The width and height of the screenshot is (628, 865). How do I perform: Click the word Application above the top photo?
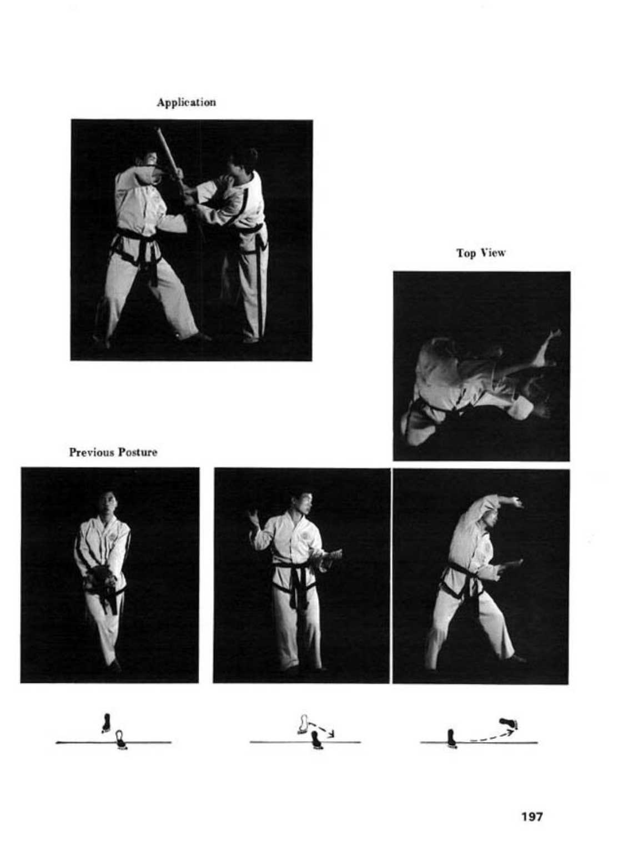[x=186, y=103]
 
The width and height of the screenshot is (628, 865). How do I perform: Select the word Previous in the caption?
[x=91, y=452]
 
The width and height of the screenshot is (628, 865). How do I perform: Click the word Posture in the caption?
[x=137, y=452]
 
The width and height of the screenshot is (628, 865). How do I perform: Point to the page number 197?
[x=532, y=817]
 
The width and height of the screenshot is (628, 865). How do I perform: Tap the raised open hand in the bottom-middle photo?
[x=254, y=519]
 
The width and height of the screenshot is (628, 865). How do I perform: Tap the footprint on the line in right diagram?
[x=451, y=738]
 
